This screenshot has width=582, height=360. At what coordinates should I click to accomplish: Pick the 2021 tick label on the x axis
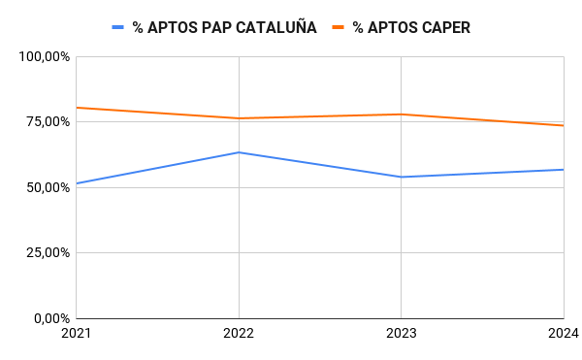(76, 334)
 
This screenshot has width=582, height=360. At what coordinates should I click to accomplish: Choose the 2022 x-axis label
(239, 334)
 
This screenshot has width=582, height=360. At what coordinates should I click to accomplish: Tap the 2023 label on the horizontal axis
(402, 334)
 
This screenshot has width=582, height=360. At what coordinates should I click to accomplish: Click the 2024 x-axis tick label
(563, 334)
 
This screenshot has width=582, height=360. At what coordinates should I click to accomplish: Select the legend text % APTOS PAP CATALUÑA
(224, 28)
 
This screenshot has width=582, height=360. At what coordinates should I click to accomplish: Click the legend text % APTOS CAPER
(411, 28)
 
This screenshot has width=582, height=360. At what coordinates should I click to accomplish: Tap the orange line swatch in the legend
(339, 28)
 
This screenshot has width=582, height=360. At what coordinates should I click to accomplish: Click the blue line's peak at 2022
(239, 152)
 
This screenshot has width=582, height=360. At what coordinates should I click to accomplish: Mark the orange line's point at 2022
(239, 118)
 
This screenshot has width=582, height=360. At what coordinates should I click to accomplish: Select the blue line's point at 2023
(402, 177)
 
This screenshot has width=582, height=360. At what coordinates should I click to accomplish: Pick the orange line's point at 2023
(402, 115)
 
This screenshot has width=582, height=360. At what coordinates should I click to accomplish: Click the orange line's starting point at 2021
(77, 108)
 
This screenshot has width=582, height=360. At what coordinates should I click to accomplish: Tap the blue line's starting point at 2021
(77, 183)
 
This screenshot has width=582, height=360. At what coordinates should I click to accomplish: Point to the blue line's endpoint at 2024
(564, 170)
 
